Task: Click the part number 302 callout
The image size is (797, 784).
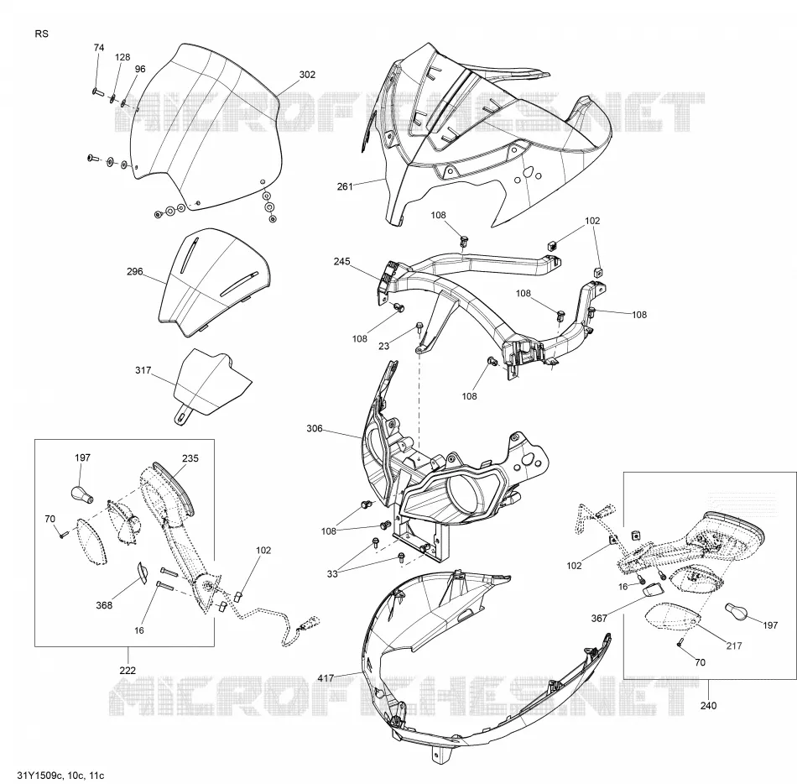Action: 307,75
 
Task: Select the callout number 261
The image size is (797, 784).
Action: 345,186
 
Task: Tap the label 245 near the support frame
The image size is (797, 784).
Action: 341,261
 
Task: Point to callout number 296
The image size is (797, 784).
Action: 135,272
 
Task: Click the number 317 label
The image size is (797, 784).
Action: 143,370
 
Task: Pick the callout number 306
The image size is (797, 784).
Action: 315,429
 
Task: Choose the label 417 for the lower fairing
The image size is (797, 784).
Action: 326,677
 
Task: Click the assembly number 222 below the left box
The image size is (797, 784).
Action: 128,670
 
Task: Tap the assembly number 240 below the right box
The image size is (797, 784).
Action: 708,705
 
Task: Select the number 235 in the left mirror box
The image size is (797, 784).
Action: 190,458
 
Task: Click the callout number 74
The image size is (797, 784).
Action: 99,47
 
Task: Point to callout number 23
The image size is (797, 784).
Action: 383,346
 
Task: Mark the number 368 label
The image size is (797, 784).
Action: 104,605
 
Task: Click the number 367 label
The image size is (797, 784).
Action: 599,618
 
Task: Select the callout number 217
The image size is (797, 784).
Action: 734,645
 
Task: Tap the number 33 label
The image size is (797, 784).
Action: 332,573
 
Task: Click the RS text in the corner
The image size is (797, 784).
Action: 42,34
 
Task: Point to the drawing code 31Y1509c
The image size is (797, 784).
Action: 39,776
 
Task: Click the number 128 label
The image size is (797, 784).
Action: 122,57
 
